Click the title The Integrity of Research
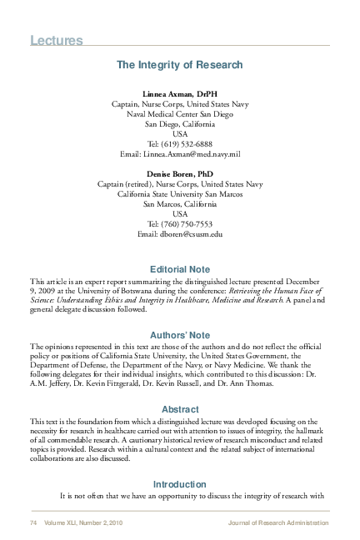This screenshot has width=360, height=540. coord(179,64)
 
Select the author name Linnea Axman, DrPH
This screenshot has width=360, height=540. coord(179,93)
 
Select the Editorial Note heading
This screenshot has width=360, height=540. coord(179,269)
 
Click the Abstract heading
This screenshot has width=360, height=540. coord(179,409)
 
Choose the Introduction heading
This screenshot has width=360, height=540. coord(179,484)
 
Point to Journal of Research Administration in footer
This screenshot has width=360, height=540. coord(277,522)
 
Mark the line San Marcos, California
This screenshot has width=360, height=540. coord(179,202)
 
